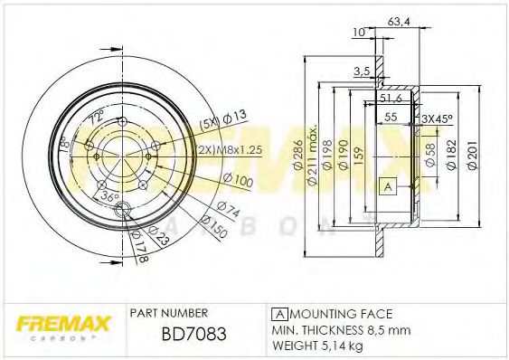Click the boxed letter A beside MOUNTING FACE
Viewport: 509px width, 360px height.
tap(278, 312)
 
